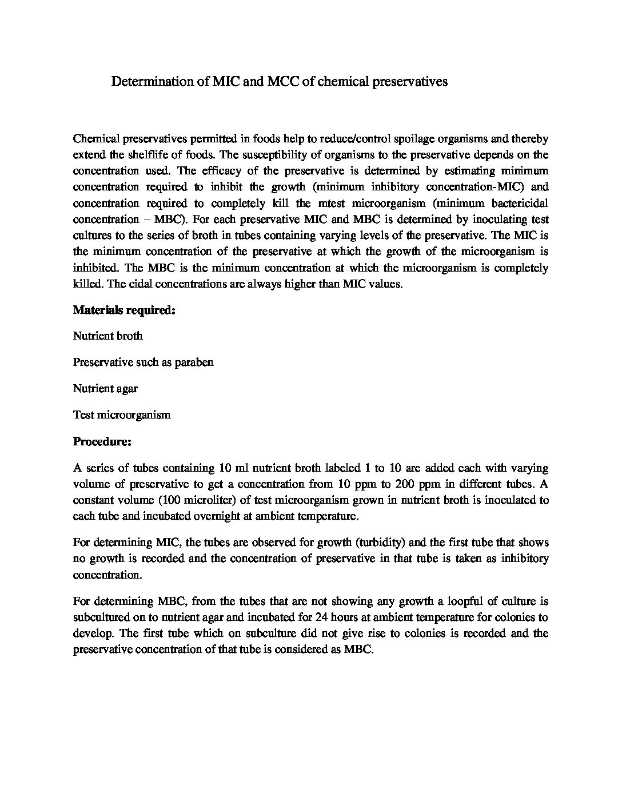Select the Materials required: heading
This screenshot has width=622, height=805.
click(x=123, y=310)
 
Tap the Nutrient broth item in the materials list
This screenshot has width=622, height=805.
click(x=108, y=336)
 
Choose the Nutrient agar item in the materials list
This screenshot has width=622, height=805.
click(x=105, y=389)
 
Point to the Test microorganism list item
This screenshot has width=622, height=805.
click(x=122, y=415)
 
